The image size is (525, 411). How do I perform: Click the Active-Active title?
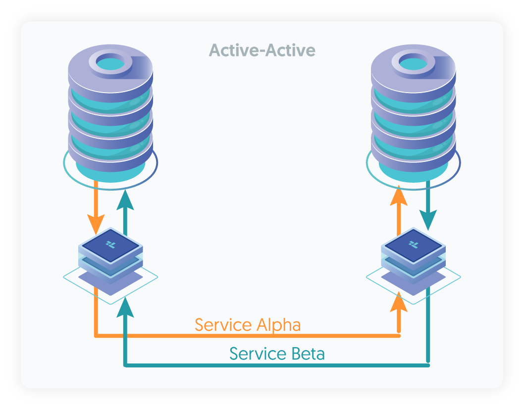click(262, 50)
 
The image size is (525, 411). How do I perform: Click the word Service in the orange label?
click(223, 325)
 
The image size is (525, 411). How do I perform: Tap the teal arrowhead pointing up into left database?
click(125, 199)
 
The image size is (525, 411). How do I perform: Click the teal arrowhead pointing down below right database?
click(428, 218)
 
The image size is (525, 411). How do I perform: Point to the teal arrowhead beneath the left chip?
click(125, 307)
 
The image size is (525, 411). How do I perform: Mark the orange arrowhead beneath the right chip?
click(399, 302)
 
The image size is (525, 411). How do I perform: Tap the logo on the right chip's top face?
click(413, 244)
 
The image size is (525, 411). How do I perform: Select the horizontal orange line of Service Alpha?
click(248, 336)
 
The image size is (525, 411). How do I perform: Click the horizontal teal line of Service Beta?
click(277, 365)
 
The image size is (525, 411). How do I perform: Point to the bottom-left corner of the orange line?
click(96, 336)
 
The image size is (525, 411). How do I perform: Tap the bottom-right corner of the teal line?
click(428, 365)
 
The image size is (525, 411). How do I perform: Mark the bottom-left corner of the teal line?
click(125, 365)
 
